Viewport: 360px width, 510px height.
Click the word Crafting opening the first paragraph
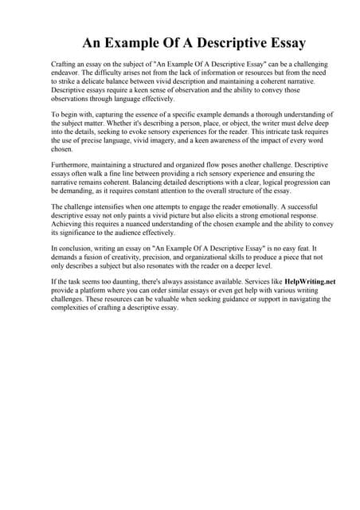[65, 63]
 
